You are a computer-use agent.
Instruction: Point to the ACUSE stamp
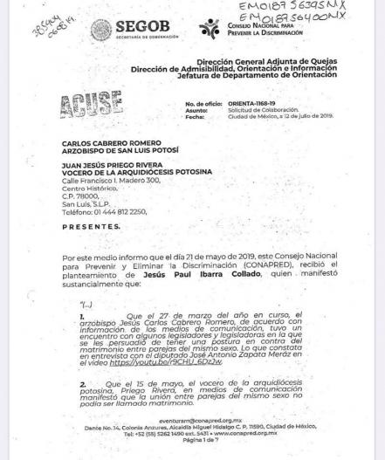pyautogui.click(x=90, y=107)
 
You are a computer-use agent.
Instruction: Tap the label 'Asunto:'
pyautogui.click(x=196, y=110)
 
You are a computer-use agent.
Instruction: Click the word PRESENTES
pyautogui.click(x=91, y=227)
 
